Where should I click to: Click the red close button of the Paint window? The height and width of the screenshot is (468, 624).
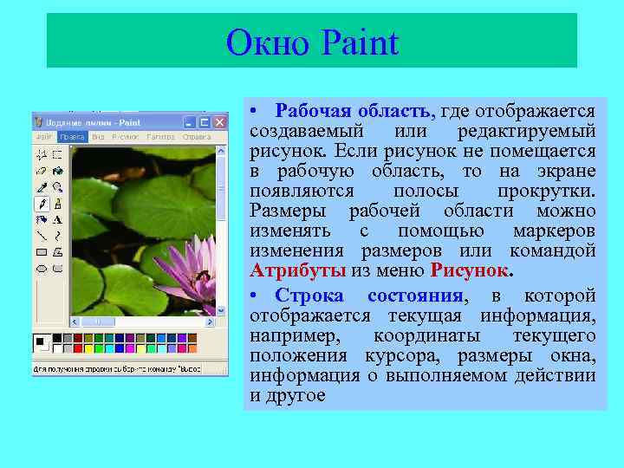220,123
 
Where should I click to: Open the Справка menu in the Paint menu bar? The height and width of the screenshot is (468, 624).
197,137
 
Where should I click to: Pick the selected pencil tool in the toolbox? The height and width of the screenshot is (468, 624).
41,203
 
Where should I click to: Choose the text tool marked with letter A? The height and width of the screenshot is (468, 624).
56,219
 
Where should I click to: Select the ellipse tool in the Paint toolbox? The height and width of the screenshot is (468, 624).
41,268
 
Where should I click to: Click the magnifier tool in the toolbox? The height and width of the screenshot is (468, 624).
56,186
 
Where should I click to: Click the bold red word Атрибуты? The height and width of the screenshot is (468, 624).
297,270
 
